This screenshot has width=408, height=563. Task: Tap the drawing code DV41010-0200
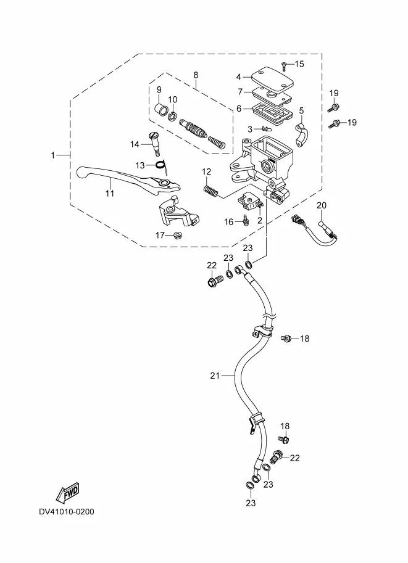(x=67, y=511)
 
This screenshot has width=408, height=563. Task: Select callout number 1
(x=53, y=155)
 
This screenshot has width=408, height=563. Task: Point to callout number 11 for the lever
(x=109, y=193)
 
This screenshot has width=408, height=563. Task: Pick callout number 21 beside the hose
(x=214, y=375)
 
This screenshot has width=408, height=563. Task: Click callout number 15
(x=299, y=64)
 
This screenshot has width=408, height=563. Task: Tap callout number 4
(x=238, y=77)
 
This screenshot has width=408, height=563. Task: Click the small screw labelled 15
(x=283, y=64)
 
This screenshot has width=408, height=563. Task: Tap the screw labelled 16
(x=246, y=221)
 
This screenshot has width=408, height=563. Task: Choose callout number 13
(x=140, y=165)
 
